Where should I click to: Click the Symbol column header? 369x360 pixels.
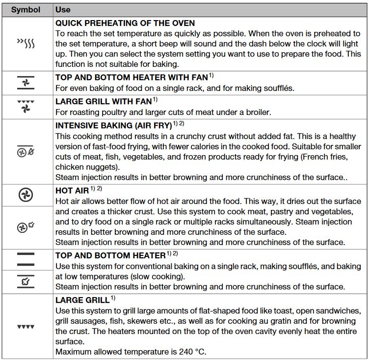click(x=26, y=10)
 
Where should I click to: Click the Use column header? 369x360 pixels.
click(x=63, y=10)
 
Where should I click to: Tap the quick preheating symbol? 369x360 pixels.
click(x=26, y=44)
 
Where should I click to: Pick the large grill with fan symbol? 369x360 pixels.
click(x=26, y=106)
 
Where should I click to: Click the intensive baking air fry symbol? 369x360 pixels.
click(x=26, y=152)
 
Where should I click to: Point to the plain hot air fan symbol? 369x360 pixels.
click(x=26, y=195)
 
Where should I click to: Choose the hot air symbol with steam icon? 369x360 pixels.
click(x=26, y=226)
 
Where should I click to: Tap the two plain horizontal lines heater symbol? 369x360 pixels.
click(x=26, y=260)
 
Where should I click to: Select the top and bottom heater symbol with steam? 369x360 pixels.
click(x=26, y=282)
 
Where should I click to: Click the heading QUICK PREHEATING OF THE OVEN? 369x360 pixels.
click(x=125, y=23)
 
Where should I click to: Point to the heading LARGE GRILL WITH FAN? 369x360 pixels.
click(x=104, y=102)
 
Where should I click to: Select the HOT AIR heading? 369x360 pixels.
click(x=72, y=190)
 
